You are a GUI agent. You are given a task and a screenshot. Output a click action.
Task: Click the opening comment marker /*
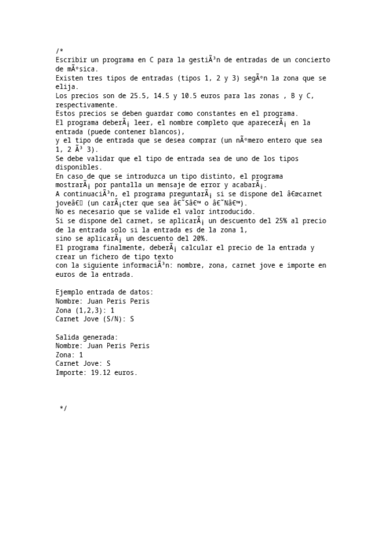tap(59, 51)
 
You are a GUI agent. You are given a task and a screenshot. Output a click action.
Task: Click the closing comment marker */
tap(63, 408)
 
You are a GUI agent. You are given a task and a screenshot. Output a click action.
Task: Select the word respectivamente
tap(86, 105)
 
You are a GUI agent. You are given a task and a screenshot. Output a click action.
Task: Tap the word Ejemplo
tap(69, 292)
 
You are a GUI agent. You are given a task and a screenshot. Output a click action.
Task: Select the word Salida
tap(68, 337)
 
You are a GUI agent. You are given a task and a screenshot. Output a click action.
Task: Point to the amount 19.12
tap(101, 373)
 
